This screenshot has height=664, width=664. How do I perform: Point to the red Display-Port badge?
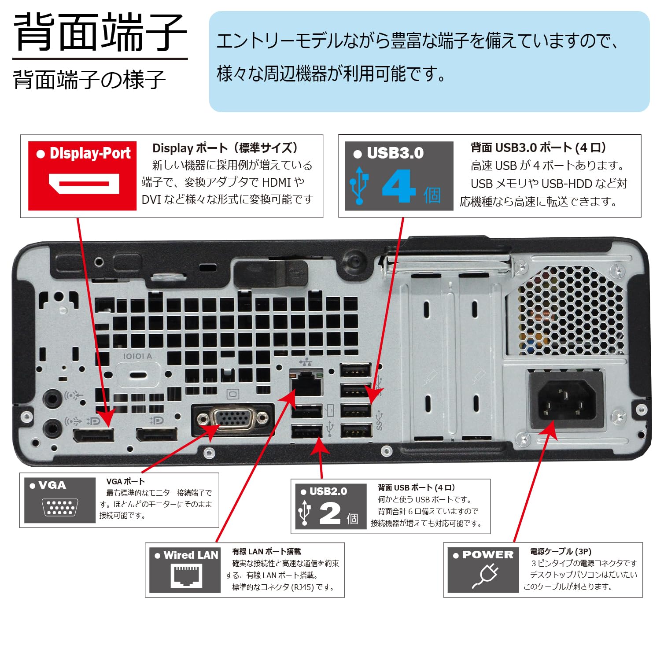point(82,176)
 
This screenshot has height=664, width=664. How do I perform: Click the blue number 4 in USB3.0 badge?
point(398,187)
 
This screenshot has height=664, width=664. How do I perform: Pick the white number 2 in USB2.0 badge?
point(330,513)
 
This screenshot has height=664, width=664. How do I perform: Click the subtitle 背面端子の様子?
point(89,80)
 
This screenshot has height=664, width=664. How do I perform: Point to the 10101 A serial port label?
point(137,356)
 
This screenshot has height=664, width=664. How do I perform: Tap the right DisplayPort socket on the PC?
point(157,435)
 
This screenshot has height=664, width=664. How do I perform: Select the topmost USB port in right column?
point(356,370)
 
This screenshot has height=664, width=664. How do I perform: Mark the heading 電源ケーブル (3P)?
point(561,551)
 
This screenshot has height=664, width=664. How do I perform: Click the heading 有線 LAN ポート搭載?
point(266,551)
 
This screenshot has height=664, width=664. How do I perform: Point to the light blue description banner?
point(429,61)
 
